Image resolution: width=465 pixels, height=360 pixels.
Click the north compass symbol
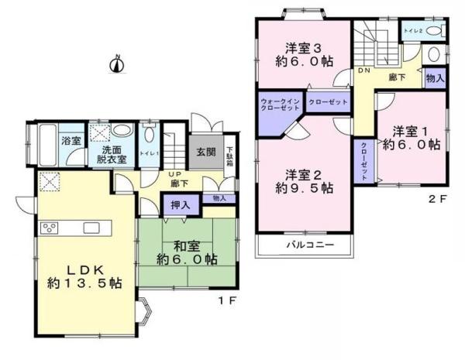point(117,64)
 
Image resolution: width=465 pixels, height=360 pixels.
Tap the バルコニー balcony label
point(308,245)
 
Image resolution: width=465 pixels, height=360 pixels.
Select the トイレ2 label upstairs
point(412,32)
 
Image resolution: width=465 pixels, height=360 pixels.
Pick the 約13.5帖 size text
point(84,284)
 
